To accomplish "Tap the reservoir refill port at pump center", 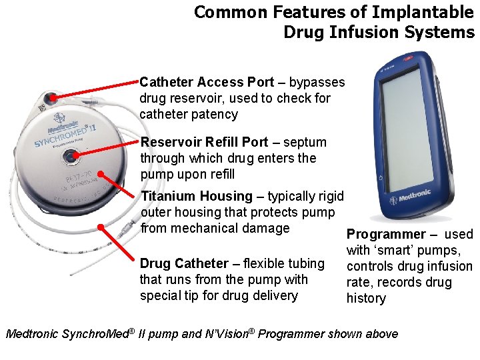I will pyautogui.click(x=69, y=157).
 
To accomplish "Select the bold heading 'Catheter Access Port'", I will pyautogui.click(x=207, y=83).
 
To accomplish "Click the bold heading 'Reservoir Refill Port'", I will pyautogui.click(x=204, y=142).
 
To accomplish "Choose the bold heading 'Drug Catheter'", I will pyautogui.click(x=183, y=264).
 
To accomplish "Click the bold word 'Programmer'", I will pyautogui.click(x=385, y=235).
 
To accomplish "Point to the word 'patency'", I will pyautogui.click(x=214, y=115).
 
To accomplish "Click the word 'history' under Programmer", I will pyautogui.click(x=366, y=299).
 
